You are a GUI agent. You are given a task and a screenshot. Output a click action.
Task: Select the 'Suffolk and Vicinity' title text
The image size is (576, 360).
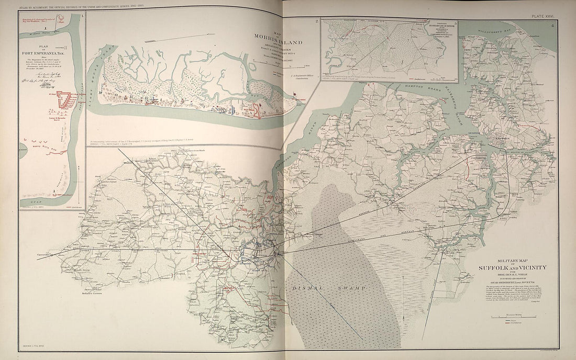[513, 267]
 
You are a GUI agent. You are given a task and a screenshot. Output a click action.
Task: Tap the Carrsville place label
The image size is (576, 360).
[43, 255]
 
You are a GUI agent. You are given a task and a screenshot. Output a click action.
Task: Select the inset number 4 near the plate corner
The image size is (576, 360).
[552, 24]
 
